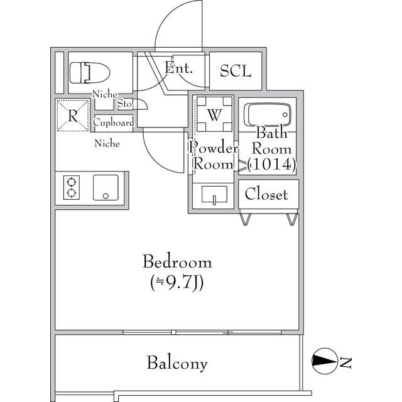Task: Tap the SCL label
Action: click(236, 71)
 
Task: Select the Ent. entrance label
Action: click(178, 67)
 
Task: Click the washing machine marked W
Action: click(214, 115)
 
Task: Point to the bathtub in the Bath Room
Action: click(267, 115)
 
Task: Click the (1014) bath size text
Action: click(271, 165)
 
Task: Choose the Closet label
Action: click(266, 194)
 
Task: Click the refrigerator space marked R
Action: click(73, 116)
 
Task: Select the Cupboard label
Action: click(114, 122)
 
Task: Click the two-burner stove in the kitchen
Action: click(71, 187)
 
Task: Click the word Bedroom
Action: click(177, 261)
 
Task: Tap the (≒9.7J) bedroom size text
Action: click(177, 281)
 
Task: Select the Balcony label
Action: click(177, 362)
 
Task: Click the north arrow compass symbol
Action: click(324, 361)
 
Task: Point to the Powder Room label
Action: click(214, 156)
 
